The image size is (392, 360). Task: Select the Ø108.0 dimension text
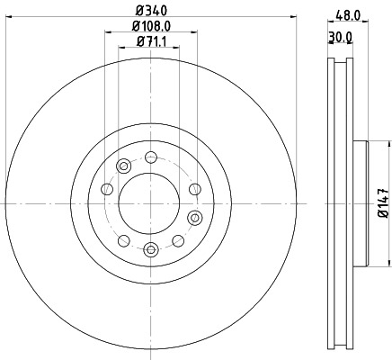pyautogui.click(x=149, y=27)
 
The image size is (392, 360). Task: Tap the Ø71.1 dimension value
pyautogui.click(x=149, y=42)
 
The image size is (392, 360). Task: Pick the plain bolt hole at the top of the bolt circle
pyautogui.click(x=149, y=156)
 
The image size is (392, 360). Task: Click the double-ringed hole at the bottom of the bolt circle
pyautogui.click(x=150, y=249)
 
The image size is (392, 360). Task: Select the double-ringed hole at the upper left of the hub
pyautogui.click(x=124, y=165)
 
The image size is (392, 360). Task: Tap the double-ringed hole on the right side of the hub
pyautogui.click(x=193, y=217)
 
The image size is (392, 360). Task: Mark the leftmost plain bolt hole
pyautogui.click(x=107, y=189)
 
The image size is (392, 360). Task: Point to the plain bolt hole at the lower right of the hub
pyautogui.click(x=177, y=240)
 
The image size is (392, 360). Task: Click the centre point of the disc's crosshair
pyautogui.click(x=150, y=202)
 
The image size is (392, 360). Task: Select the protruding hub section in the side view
pyautogui.click(x=361, y=202)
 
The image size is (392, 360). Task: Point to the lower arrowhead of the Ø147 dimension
pyautogui.click(x=368, y=266)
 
